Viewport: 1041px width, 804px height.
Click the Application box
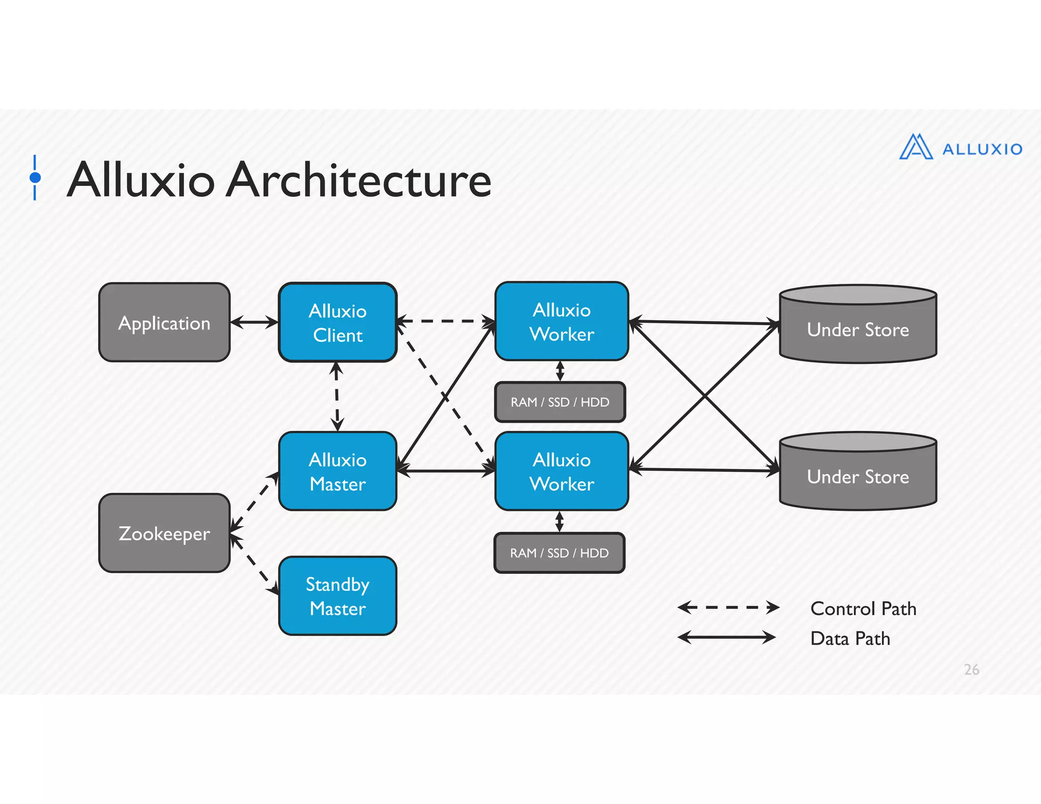[164, 323]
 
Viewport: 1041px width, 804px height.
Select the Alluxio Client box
[338, 323]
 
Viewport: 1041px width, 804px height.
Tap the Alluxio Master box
[338, 472]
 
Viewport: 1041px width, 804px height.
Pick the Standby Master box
[338, 596]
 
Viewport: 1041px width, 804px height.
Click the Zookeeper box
[164, 533]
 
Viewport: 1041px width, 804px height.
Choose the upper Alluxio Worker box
[562, 322]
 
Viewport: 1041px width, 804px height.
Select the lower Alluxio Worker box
[562, 472]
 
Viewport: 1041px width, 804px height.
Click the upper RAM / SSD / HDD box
[560, 402]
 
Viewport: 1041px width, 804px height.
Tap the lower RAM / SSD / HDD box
[559, 553]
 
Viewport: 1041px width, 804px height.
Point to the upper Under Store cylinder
[858, 329]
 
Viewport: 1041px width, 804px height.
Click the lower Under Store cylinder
[858, 476]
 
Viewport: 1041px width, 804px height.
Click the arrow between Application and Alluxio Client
[254, 322]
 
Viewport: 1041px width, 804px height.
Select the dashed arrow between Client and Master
[336, 396]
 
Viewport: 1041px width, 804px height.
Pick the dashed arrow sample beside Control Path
[728, 607]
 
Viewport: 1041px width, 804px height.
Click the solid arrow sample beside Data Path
[727, 637]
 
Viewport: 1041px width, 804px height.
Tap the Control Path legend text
[863, 608]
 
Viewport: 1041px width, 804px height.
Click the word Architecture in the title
[358, 180]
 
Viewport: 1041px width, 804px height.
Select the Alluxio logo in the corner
[960, 147]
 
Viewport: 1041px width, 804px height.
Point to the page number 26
[971, 669]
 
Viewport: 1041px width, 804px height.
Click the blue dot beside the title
[35, 177]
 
